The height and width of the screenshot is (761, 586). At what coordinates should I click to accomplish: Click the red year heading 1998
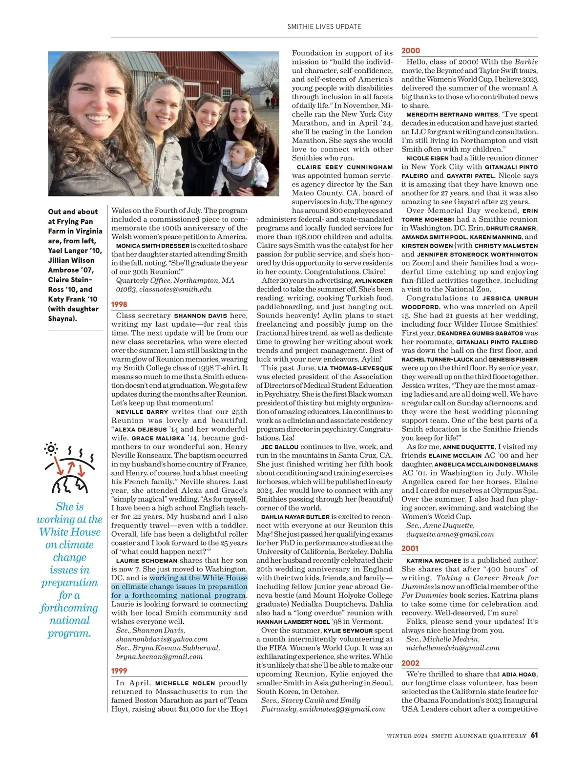click(119, 304)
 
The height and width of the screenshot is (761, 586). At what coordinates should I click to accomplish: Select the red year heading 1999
click(119, 671)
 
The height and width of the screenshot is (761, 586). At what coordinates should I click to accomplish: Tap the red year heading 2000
click(411, 51)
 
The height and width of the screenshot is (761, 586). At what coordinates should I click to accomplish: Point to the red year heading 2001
click(410, 549)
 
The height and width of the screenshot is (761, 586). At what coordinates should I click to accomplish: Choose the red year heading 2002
click(410, 663)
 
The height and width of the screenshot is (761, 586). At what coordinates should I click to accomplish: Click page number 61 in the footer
click(534, 735)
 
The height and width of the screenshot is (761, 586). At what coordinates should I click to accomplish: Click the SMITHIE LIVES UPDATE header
click(324, 27)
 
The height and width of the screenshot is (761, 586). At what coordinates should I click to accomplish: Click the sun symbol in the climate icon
click(51, 448)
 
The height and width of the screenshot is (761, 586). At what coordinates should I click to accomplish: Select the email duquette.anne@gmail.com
click(450, 534)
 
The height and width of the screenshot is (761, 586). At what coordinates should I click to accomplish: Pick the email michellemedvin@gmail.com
click(453, 648)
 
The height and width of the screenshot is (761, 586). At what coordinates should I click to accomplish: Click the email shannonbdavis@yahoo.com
click(162, 639)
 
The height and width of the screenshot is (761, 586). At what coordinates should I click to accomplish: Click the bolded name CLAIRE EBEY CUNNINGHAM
click(345, 167)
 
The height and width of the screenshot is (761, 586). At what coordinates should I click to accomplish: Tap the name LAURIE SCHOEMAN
click(146, 561)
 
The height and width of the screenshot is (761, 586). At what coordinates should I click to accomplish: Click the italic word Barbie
click(526, 62)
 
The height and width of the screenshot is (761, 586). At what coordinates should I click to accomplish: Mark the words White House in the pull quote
click(70, 532)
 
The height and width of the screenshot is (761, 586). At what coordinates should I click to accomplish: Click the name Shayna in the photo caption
click(62, 318)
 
